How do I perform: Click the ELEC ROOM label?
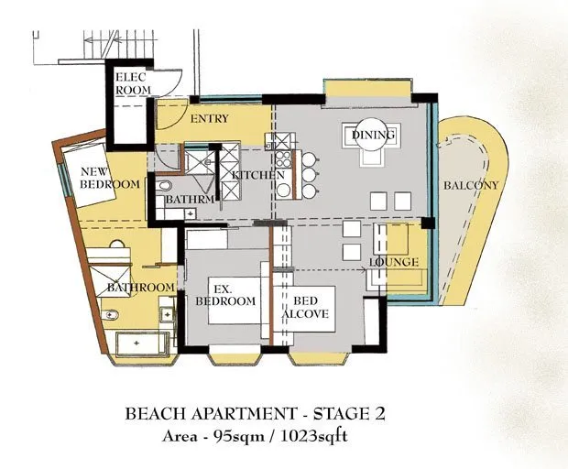(x=133, y=83)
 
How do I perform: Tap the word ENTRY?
(x=210, y=118)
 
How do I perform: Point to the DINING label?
(x=373, y=135)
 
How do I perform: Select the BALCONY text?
(x=471, y=185)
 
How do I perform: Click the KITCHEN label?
(x=258, y=175)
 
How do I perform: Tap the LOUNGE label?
(x=394, y=262)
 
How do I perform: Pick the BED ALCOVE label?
(x=305, y=307)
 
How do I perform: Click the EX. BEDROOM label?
(x=225, y=295)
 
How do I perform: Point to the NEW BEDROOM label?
(x=109, y=178)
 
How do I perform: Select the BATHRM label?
(x=190, y=199)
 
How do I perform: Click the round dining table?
(x=372, y=135)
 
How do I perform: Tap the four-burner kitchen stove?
(x=283, y=159)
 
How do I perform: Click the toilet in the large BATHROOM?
(x=110, y=315)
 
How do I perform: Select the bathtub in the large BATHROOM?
(x=142, y=344)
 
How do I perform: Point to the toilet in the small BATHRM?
(x=164, y=186)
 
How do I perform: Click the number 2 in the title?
(x=378, y=414)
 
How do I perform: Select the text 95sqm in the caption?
(x=239, y=436)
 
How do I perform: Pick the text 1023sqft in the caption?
(x=314, y=436)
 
